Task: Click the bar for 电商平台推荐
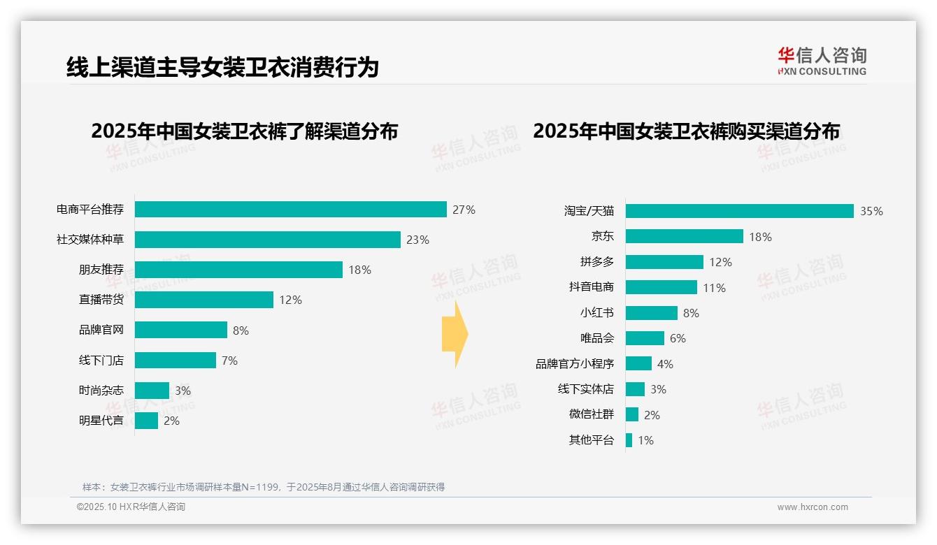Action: [x=290, y=210]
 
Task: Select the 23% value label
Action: [x=417, y=240]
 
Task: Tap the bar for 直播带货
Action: [x=203, y=300]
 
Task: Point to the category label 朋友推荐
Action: [x=101, y=270]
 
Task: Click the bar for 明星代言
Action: [x=146, y=421]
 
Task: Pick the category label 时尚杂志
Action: [x=101, y=391]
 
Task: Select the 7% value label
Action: [x=229, y=361]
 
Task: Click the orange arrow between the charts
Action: [x=455, y=335]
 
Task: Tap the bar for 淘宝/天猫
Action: [x=739, y=211]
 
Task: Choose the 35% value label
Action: [x=871, y=211]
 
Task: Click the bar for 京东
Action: [x=684, y=236]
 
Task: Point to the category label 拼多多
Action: [x=596, y=262]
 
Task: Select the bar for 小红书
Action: [x=651, y=313]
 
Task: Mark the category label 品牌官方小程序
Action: [x=574, y=364]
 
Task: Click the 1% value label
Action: [x=645, y=440]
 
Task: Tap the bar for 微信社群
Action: [x=631, y=414]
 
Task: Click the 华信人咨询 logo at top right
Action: [x=822, y=61]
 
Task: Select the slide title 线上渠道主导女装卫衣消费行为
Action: [x=222, y=67]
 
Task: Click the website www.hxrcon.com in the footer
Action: [x=812, y=507]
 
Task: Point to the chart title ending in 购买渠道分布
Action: [x=686, y=131]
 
